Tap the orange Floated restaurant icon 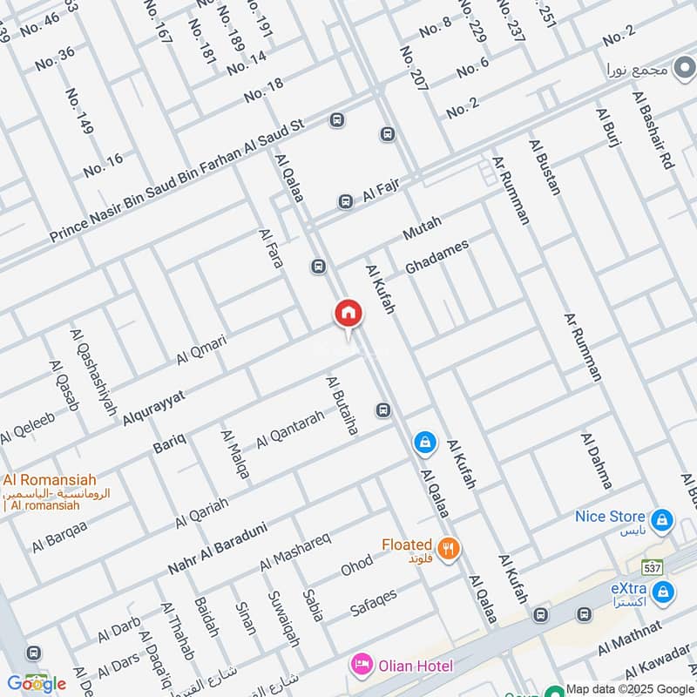450,548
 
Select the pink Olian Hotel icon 360,666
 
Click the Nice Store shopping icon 663,521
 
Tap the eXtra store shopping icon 664,592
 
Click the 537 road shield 649,566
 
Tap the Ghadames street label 437,257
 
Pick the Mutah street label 423,228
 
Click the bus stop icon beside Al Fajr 346,201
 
